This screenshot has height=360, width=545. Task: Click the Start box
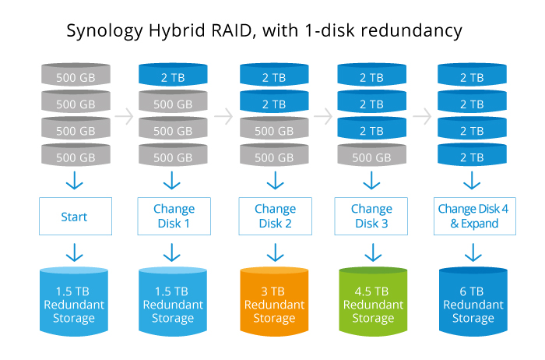click(74, 217)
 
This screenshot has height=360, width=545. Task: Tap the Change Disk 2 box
click(274, 217)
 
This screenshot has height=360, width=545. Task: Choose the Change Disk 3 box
click(372, 217)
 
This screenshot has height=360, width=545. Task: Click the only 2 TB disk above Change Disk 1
click(172, 76)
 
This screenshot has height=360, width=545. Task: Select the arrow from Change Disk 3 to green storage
click(372, 252)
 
